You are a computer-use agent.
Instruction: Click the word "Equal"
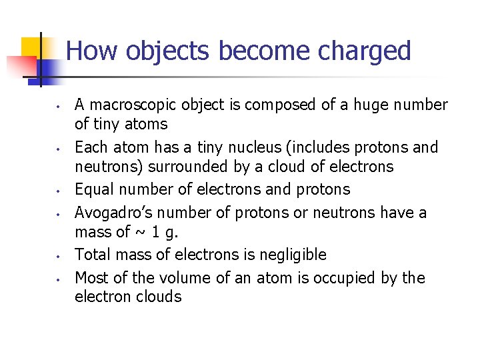93,189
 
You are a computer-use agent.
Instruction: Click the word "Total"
93,254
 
